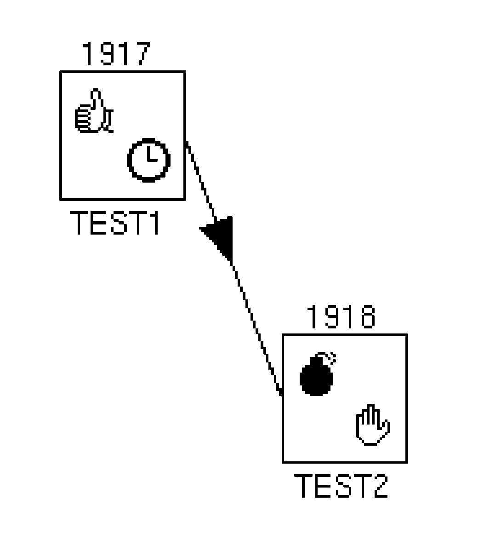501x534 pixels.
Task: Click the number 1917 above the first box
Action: tap(116, 54)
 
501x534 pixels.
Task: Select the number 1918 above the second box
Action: tap(340, 317)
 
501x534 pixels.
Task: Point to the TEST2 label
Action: tap(341, 486)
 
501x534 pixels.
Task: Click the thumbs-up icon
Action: tap(94, 113)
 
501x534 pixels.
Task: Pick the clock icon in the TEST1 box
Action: tap(148, 159)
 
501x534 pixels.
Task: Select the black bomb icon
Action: tap(316, 376)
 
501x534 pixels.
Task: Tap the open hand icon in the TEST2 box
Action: tap(373, 425)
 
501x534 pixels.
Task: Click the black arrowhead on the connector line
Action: tap(221, 235)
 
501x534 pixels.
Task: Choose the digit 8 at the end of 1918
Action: tap(366, 317)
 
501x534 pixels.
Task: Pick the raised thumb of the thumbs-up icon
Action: tap(96, 99)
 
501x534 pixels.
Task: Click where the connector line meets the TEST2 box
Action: tap(282, 394)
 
